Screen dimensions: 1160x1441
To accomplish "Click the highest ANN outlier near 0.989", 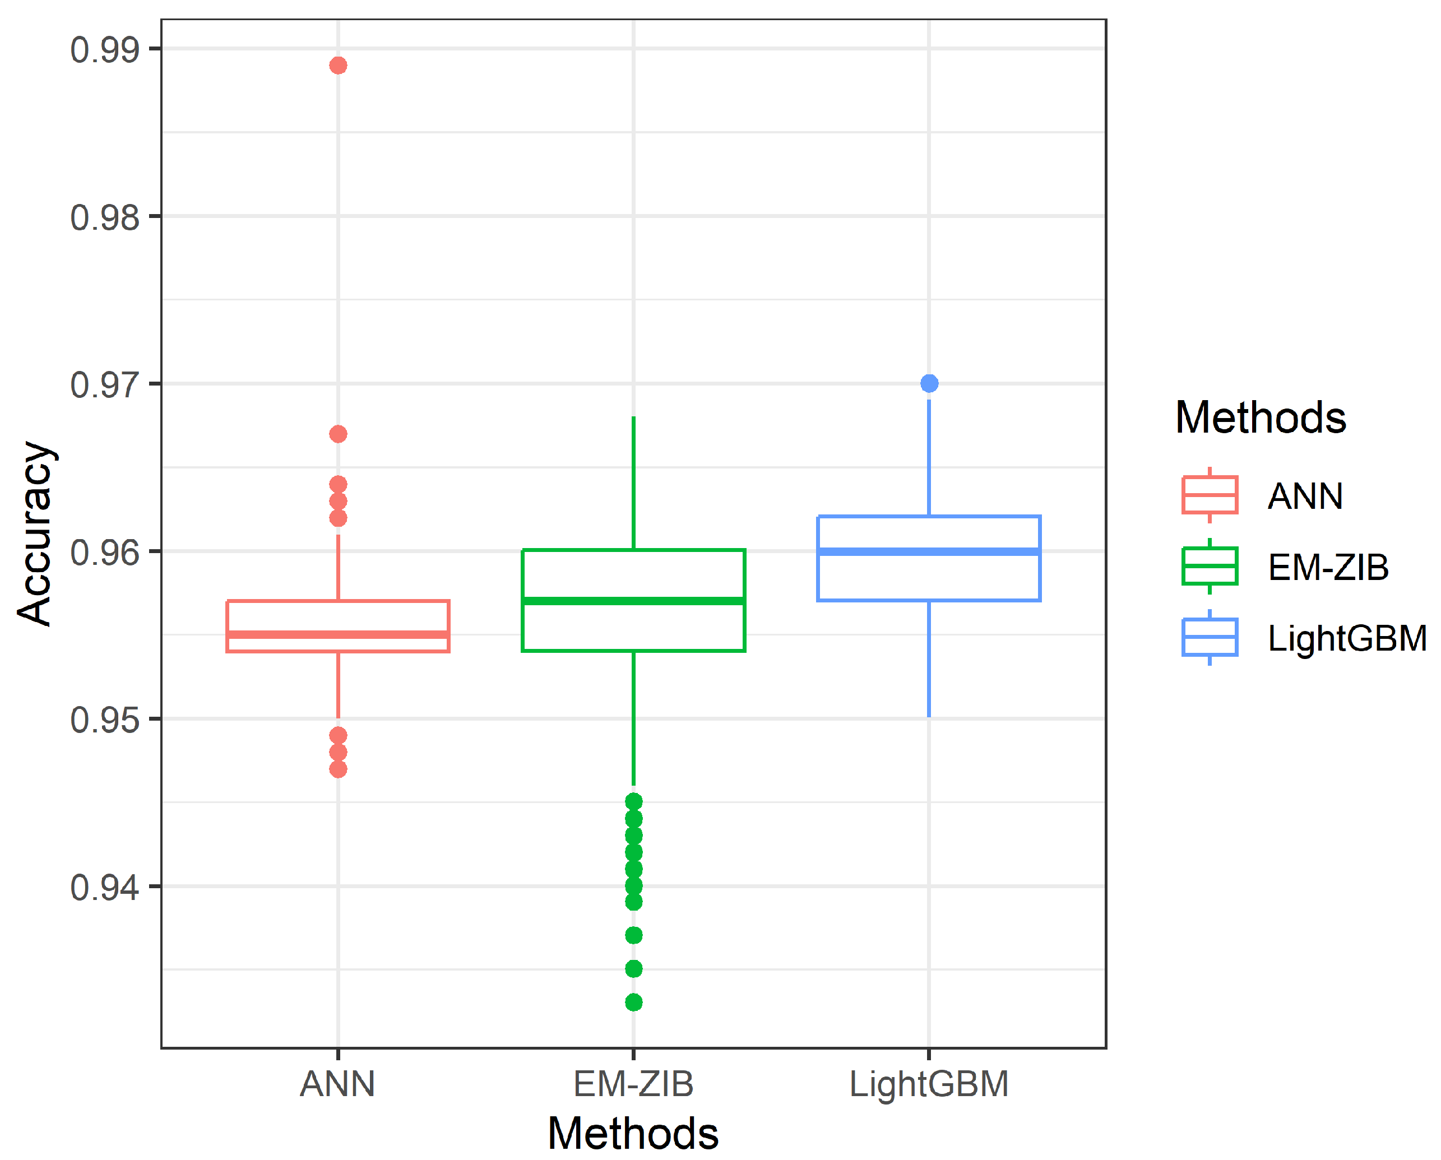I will (338, 66).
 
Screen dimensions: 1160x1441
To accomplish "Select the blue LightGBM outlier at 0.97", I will (929, 383).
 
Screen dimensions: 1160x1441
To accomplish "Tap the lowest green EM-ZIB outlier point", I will (633, 1003).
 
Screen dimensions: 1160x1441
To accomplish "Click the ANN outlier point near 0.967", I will (338, 434).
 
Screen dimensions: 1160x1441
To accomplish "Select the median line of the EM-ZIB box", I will (633, 601).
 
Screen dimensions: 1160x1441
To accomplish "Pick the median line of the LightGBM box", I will (929, 551).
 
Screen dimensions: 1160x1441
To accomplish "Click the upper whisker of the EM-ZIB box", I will (633, 481).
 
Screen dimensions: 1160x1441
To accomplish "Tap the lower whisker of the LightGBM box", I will (929, 658).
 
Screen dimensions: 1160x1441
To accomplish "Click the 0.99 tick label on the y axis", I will (105, 50).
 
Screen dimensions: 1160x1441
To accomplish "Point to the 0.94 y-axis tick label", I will (105, 888).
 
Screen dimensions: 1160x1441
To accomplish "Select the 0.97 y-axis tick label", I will (105, 385).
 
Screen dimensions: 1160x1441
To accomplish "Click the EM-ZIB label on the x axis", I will (633, 1084).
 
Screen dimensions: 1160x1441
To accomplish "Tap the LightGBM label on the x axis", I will (929, 1084).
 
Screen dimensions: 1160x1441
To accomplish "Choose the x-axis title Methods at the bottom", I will (633, 1134).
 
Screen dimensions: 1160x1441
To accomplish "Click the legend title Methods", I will (1261, 417).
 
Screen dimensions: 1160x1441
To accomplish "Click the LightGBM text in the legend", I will (1347, 638).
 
